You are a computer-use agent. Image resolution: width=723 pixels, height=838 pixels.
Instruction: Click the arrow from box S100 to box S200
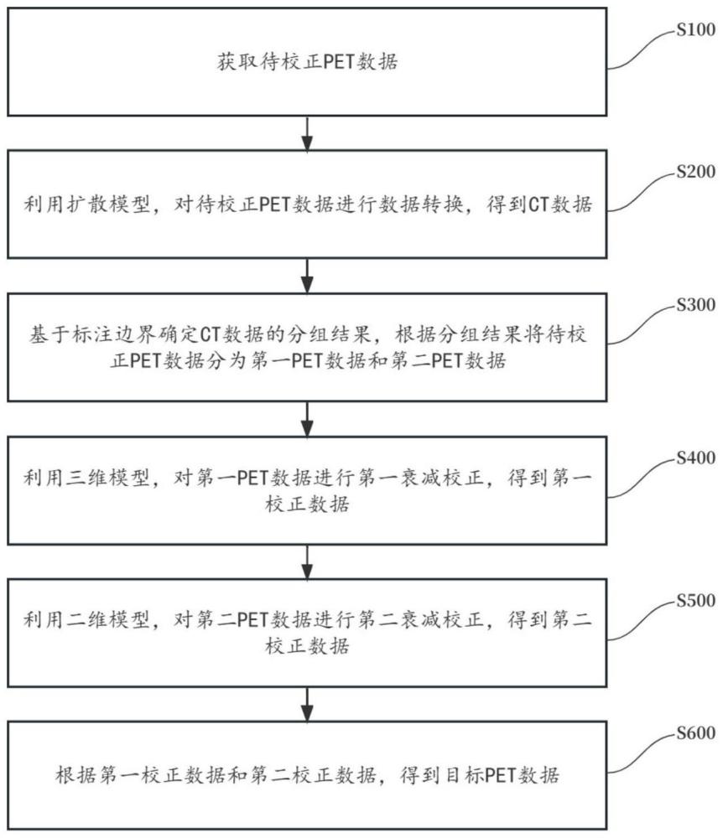(x=308, y=132)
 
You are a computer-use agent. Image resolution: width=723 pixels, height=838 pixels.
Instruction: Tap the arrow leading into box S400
(x=308, y=417)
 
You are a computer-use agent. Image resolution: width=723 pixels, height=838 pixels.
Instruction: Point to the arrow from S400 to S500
(x=308, y=560)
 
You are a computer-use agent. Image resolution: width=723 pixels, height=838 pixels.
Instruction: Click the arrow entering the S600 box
(x=308, y=702)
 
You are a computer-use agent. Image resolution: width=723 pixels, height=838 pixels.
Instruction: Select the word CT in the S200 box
(x=538, y=204)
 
